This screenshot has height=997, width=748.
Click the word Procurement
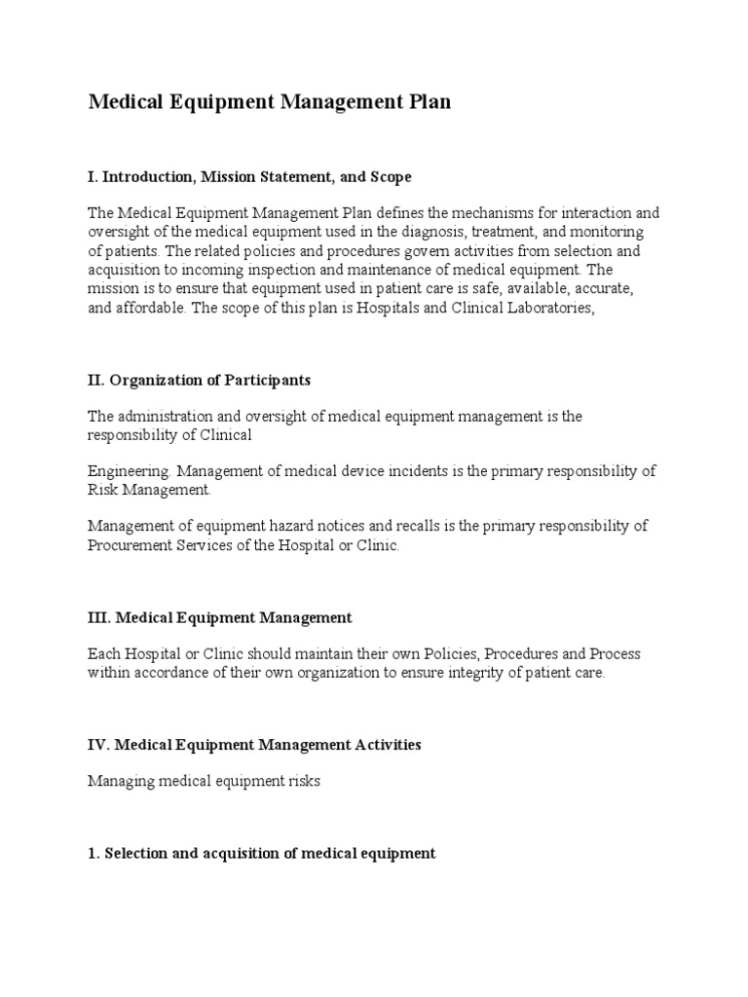129,545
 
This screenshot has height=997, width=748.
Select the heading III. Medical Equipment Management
219,618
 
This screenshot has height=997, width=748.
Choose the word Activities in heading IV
382,745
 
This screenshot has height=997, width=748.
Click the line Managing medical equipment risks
204,781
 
